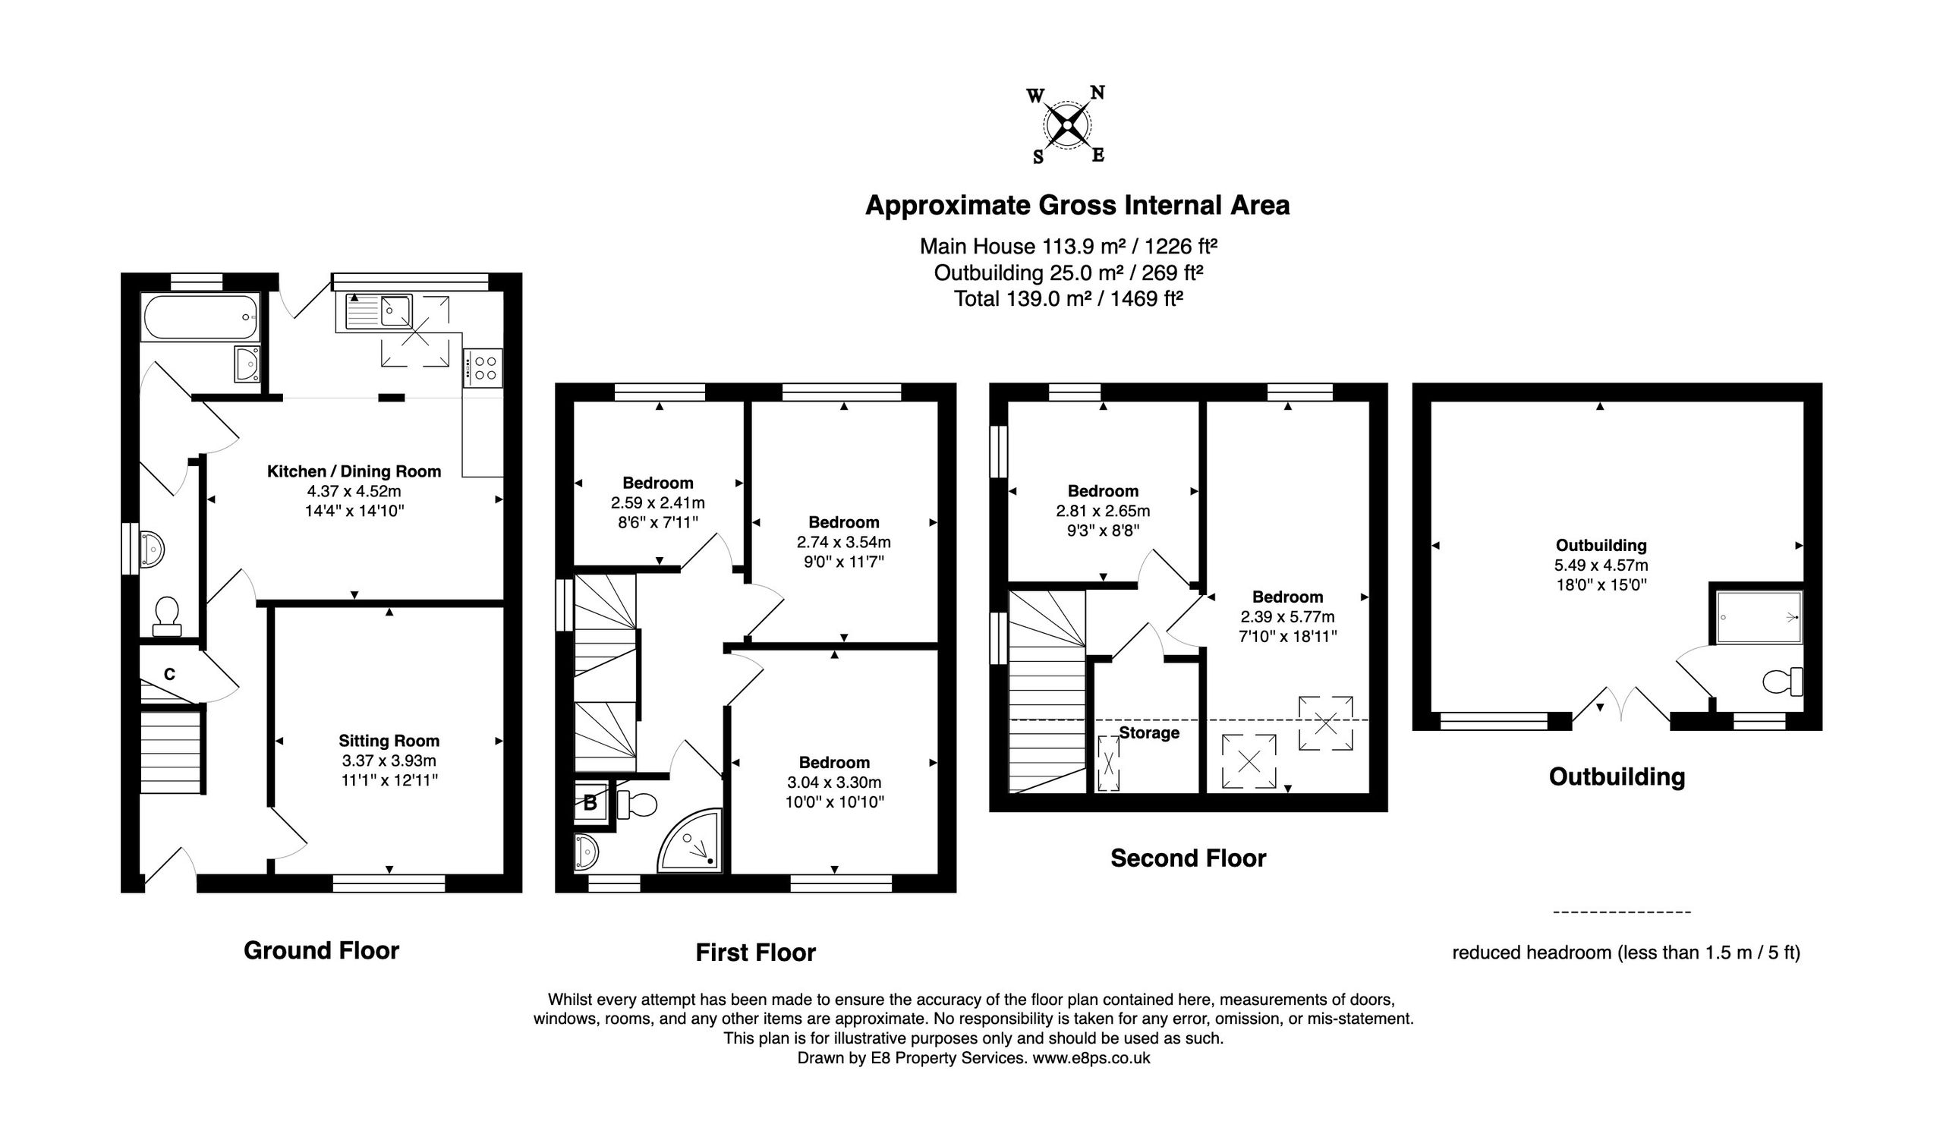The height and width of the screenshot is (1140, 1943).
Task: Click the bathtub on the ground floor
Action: (200, 316)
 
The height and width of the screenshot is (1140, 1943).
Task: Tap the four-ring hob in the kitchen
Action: (483, 367)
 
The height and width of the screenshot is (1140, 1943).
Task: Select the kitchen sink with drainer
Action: (379, 311)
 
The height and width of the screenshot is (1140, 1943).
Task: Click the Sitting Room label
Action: (389, 741)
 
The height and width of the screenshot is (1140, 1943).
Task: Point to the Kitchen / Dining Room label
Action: (354, 471)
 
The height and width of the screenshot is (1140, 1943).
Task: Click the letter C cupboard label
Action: (169, 675)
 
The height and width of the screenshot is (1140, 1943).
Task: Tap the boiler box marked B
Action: (590, 802)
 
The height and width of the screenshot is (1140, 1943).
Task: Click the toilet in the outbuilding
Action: (1783, 682)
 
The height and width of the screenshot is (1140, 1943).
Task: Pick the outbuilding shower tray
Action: (1759, 616)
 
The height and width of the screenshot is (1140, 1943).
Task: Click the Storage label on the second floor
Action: (1149, 733)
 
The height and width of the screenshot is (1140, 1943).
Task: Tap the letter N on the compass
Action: (1097, 93)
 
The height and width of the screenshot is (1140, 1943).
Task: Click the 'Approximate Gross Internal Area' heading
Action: (1077, 205)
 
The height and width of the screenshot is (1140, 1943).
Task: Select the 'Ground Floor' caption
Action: (322, 950)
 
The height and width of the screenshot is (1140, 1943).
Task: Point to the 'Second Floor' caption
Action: (1188, 858)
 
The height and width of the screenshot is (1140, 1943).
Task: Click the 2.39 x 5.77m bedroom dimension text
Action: (1288, 616)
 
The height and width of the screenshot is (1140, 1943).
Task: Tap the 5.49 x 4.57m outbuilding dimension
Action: (1601, 565)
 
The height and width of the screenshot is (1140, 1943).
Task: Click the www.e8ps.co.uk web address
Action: (1091, 1058)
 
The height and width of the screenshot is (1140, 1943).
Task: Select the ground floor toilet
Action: (166, 617)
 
